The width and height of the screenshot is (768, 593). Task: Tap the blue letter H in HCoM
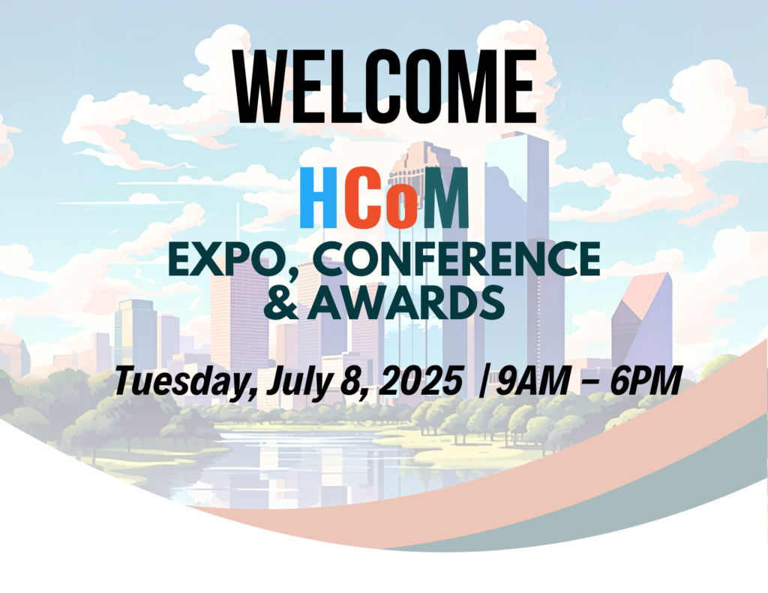318,197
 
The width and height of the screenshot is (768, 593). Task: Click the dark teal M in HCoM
445,197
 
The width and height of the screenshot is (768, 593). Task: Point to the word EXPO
223,259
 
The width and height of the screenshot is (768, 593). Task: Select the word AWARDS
406,304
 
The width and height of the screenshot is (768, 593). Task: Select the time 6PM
646,381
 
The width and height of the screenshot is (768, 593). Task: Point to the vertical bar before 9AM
484,381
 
